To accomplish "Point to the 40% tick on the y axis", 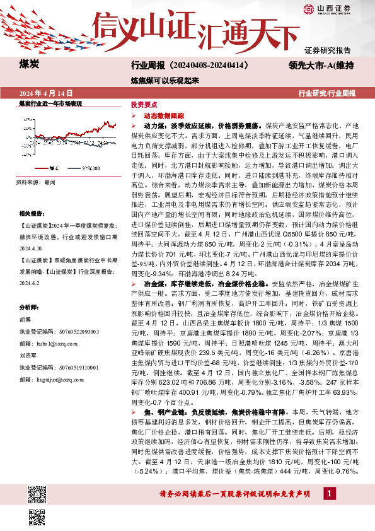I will coord(28,119).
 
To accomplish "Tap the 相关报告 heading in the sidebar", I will coord(30,214).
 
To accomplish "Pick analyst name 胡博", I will coord(24,318).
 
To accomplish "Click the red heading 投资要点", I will coord(141,105).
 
